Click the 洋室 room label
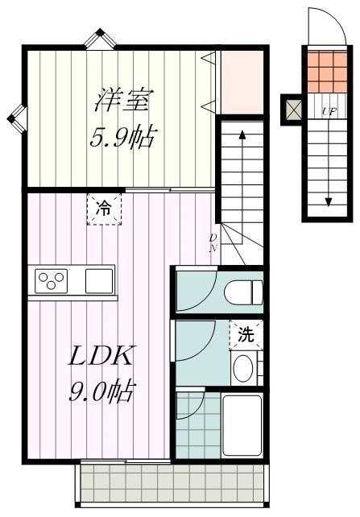point(123,102)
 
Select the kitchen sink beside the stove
point(101,281)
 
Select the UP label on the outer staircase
point(329,111)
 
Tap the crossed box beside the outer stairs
point(291,108)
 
